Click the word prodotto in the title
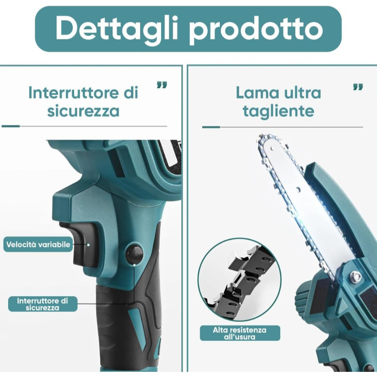pos(256,30)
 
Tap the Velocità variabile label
pos(38,245)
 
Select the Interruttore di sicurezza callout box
pos(43,304)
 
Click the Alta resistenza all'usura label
pos(240,333)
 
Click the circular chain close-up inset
pos(239,280)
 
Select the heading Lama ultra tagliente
pos(278,102)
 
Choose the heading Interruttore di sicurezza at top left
pos(83,102)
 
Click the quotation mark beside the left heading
pos(162,85)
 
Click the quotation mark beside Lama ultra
pos(358,87)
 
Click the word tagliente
pos(278,111)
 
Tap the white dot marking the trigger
pos(88,245)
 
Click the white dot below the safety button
pos(135,265)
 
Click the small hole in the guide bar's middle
pos(298,190)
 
